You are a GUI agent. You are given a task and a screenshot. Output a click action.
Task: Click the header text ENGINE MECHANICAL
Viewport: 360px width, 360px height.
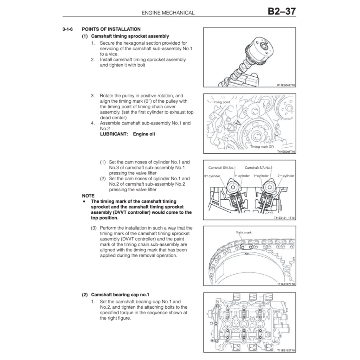tap(168, 13)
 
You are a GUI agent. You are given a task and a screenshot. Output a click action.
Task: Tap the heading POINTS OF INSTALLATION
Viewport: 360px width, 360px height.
tap(111, 29)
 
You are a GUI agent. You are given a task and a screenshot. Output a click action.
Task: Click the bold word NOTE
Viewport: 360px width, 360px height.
tap(88, 196)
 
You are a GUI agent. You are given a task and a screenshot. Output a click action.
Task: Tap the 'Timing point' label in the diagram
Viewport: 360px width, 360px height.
tap(221, 102)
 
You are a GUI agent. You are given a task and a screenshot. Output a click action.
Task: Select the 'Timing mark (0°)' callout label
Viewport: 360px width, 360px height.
tap(262, 147)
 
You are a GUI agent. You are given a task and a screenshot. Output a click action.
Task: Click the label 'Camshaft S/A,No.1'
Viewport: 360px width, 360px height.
tap(222, 168)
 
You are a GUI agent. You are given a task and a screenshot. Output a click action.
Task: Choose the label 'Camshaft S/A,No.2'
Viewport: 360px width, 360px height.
tap(258, 168)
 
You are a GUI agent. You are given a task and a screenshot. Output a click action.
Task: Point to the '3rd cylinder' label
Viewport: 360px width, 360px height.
tap(212, 176)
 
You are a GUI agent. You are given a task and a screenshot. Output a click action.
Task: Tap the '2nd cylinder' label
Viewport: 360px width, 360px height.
tap(286, 176)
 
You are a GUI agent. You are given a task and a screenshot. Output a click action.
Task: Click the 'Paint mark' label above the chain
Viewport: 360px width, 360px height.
tap(244, 232)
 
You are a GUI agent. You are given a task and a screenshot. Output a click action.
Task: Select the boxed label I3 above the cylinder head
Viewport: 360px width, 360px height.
tap(252, 296)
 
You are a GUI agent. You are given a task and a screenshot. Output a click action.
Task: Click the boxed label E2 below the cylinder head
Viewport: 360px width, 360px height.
tap(238, 348)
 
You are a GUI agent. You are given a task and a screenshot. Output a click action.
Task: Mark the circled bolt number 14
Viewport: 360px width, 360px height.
tap(217, 302)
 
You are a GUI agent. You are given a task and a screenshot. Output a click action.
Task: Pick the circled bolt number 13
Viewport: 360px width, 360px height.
tap(211, 323)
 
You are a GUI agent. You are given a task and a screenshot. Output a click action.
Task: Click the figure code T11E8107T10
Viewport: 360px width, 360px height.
tap(286, 284)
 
